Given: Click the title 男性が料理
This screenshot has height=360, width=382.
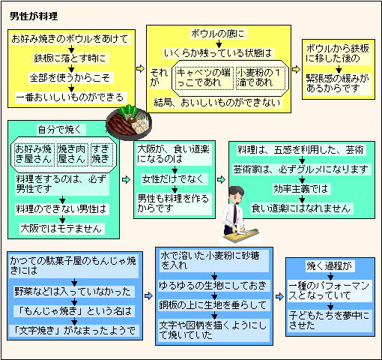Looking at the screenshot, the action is click(x=34, y=16).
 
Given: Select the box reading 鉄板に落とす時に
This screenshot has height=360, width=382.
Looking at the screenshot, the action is click(x=70, y=58).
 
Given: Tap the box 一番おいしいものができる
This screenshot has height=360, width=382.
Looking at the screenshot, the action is click(x=70, y=97).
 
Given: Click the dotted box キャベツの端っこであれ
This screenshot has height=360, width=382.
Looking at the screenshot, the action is click(x=204, y=78).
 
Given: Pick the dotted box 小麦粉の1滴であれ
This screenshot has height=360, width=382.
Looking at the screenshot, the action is click(x=261, y=78).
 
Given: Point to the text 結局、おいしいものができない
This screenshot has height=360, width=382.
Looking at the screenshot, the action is click(x=217, y=103).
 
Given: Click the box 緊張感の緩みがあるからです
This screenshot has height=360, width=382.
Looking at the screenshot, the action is click(x=339, y=83).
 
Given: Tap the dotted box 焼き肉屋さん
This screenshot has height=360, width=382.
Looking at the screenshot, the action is click(x=72, y=154).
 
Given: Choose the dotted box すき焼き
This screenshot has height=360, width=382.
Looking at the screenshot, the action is click(x=101, y=154).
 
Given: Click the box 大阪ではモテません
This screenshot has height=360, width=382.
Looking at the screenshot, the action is click(x=61, y=229).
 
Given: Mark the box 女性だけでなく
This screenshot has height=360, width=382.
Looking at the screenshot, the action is click(x=174, y=179).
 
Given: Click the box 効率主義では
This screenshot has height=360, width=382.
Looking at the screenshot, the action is click(x=302, y=189).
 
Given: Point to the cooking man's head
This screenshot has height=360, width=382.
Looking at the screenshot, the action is click(x=236, y=195).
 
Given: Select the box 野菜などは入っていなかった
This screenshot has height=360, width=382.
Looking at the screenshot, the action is click(x=74, y=292).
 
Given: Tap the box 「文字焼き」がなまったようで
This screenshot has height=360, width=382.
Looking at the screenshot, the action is click(x=74, y=331).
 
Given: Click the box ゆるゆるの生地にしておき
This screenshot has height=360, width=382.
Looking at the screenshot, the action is click(x=214, y=286).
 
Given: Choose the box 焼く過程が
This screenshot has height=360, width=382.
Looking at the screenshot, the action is click(x=330, y=266).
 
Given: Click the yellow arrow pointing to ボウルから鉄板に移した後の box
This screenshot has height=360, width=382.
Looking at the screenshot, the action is click(x=297, y=69).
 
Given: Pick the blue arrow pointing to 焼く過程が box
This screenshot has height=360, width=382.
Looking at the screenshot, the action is click(x=279, y=297).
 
